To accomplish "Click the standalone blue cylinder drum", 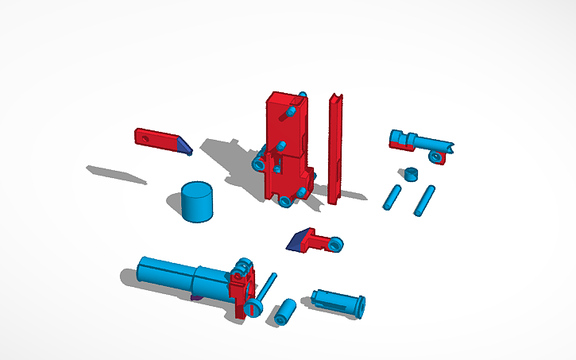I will [196, 202].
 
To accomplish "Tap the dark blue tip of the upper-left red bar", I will [184, 145].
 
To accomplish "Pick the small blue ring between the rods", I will [410, 173].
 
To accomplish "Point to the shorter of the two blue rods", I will [392, 196].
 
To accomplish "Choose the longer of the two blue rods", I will [425, 200].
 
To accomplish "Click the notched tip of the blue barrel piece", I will [450, 146].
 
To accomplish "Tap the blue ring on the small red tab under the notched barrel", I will [435, 157].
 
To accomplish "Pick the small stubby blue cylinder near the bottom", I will [286, 311].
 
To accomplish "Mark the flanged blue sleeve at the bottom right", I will [339, 302].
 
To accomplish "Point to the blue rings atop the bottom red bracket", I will [242, 268].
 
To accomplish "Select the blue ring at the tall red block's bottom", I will [286, 201].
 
